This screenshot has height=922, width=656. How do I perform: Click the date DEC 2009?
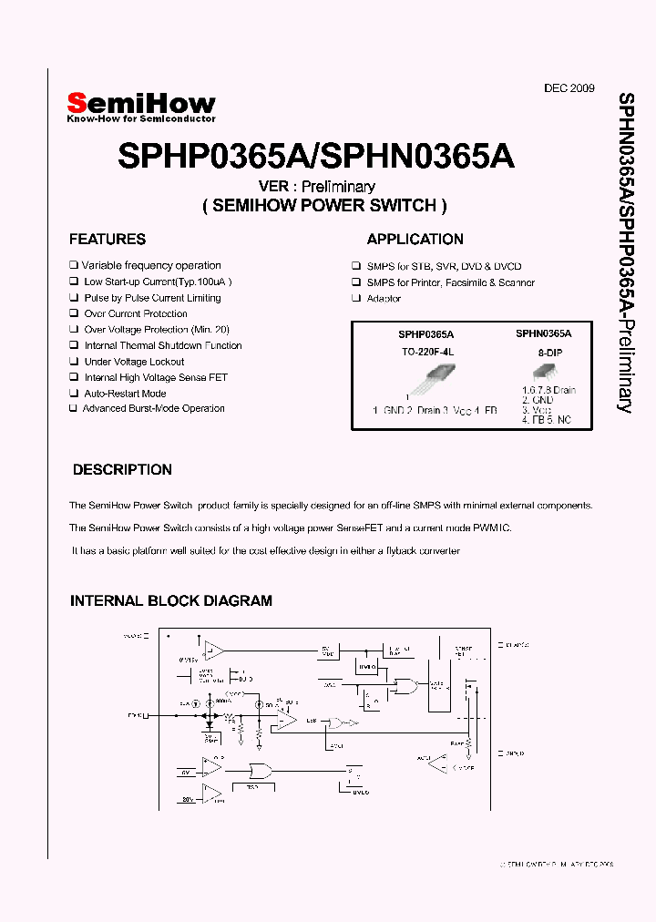[569, 88]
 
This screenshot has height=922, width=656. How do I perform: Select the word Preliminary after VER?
[342, 187]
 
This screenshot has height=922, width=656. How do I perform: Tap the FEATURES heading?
[108, 240]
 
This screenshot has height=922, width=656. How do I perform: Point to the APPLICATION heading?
[415, 240]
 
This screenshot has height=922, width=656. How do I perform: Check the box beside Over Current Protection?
[74, 314]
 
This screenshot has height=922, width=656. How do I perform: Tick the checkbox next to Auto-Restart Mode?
[74, 394]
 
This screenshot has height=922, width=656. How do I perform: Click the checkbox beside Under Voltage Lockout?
[74, 362]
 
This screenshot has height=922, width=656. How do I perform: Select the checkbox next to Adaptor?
[356, 299]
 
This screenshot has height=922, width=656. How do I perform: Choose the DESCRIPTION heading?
[122, 470]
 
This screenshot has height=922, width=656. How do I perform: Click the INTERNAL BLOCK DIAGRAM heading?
[171, 601]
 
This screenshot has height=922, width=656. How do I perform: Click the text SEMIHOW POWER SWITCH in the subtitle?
[324, 206]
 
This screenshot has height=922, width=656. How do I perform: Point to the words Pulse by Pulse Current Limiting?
[152, 298]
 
